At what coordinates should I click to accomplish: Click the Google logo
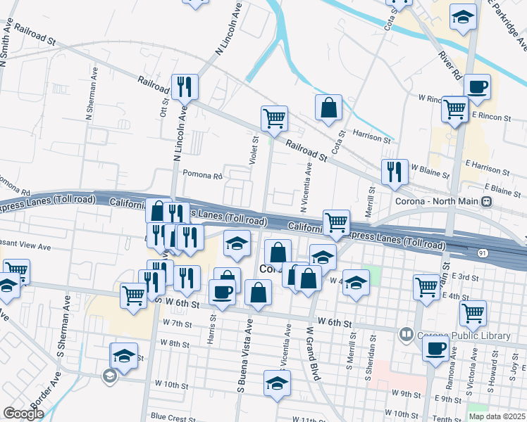pos(23,414)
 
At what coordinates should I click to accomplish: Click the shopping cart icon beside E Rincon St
pos(455,110)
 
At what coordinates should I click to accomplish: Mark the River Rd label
pos(449,63)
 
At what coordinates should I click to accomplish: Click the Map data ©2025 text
pos(497,416)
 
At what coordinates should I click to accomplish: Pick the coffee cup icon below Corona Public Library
pos(436,347)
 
